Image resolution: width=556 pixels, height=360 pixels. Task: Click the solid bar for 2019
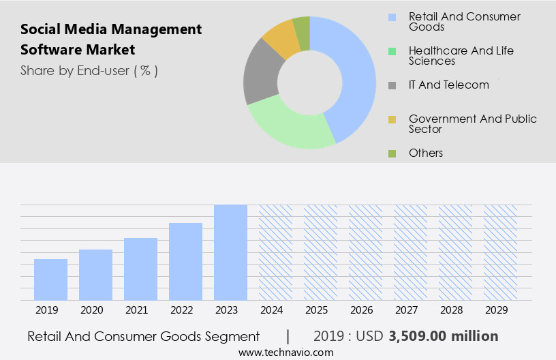click(50, 280)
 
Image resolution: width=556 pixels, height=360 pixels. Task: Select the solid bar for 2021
click(140, 269)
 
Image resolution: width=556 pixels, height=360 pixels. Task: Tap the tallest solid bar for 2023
click(230, 252)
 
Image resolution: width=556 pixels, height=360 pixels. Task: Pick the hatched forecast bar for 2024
click(275, 252)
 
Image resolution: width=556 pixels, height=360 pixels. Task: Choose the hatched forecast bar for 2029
click(500, 252)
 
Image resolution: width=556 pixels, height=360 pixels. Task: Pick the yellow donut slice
click(281, 38)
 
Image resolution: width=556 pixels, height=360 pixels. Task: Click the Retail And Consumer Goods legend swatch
click(392, 17)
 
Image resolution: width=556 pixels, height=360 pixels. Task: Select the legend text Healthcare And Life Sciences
click(461, 56)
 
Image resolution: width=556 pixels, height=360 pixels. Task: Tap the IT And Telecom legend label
click(449, 85)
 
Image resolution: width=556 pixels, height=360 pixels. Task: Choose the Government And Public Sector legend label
click(473, 124)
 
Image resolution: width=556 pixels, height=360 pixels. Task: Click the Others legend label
click(426, 153)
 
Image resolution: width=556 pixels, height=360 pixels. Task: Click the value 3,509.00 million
click(444, 336)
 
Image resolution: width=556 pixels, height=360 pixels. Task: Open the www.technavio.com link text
click(286, 352)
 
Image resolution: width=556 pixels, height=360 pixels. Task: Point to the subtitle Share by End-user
click(89, 70)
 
